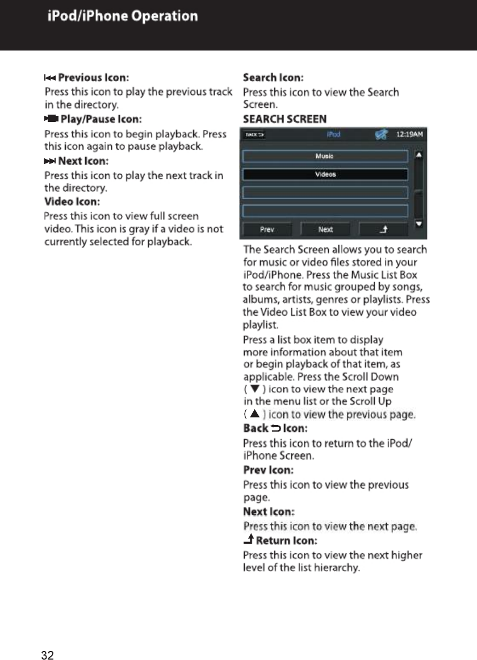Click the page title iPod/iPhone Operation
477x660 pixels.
[123, 16]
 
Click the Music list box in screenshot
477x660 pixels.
[325, 156]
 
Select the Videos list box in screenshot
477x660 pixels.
[325, 174]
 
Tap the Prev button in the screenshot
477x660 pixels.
[267, 229]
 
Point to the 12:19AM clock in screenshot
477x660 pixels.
[412, 135]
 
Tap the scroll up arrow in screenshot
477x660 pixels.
[419, 154]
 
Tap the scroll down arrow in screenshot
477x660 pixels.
[419, 224]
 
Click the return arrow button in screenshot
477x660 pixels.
[383, 229]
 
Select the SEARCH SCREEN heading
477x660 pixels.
[284, 119]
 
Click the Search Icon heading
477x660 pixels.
[273, 77]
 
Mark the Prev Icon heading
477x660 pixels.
[268, 470]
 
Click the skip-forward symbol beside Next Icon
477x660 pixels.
[50, 162]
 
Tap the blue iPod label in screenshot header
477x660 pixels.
[333, 135]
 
